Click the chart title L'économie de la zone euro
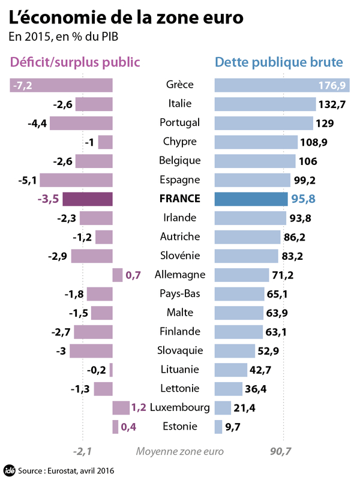pos(126,17)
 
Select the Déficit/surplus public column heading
pos(75,62)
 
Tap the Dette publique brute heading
pos(279,62)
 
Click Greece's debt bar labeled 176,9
pos(282,85)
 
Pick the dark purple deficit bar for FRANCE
pos(88,199)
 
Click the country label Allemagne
pos(180,275)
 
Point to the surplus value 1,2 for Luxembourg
pos(139,408)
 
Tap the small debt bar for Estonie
pos(218,427)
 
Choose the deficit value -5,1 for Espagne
pos(29,180)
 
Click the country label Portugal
pos(180,123)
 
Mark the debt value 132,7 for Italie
pos(332,104)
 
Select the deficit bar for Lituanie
pos(111,370)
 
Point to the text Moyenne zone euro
pos(180,451)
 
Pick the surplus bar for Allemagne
pos(118,275)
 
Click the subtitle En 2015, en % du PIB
pos(63,37)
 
